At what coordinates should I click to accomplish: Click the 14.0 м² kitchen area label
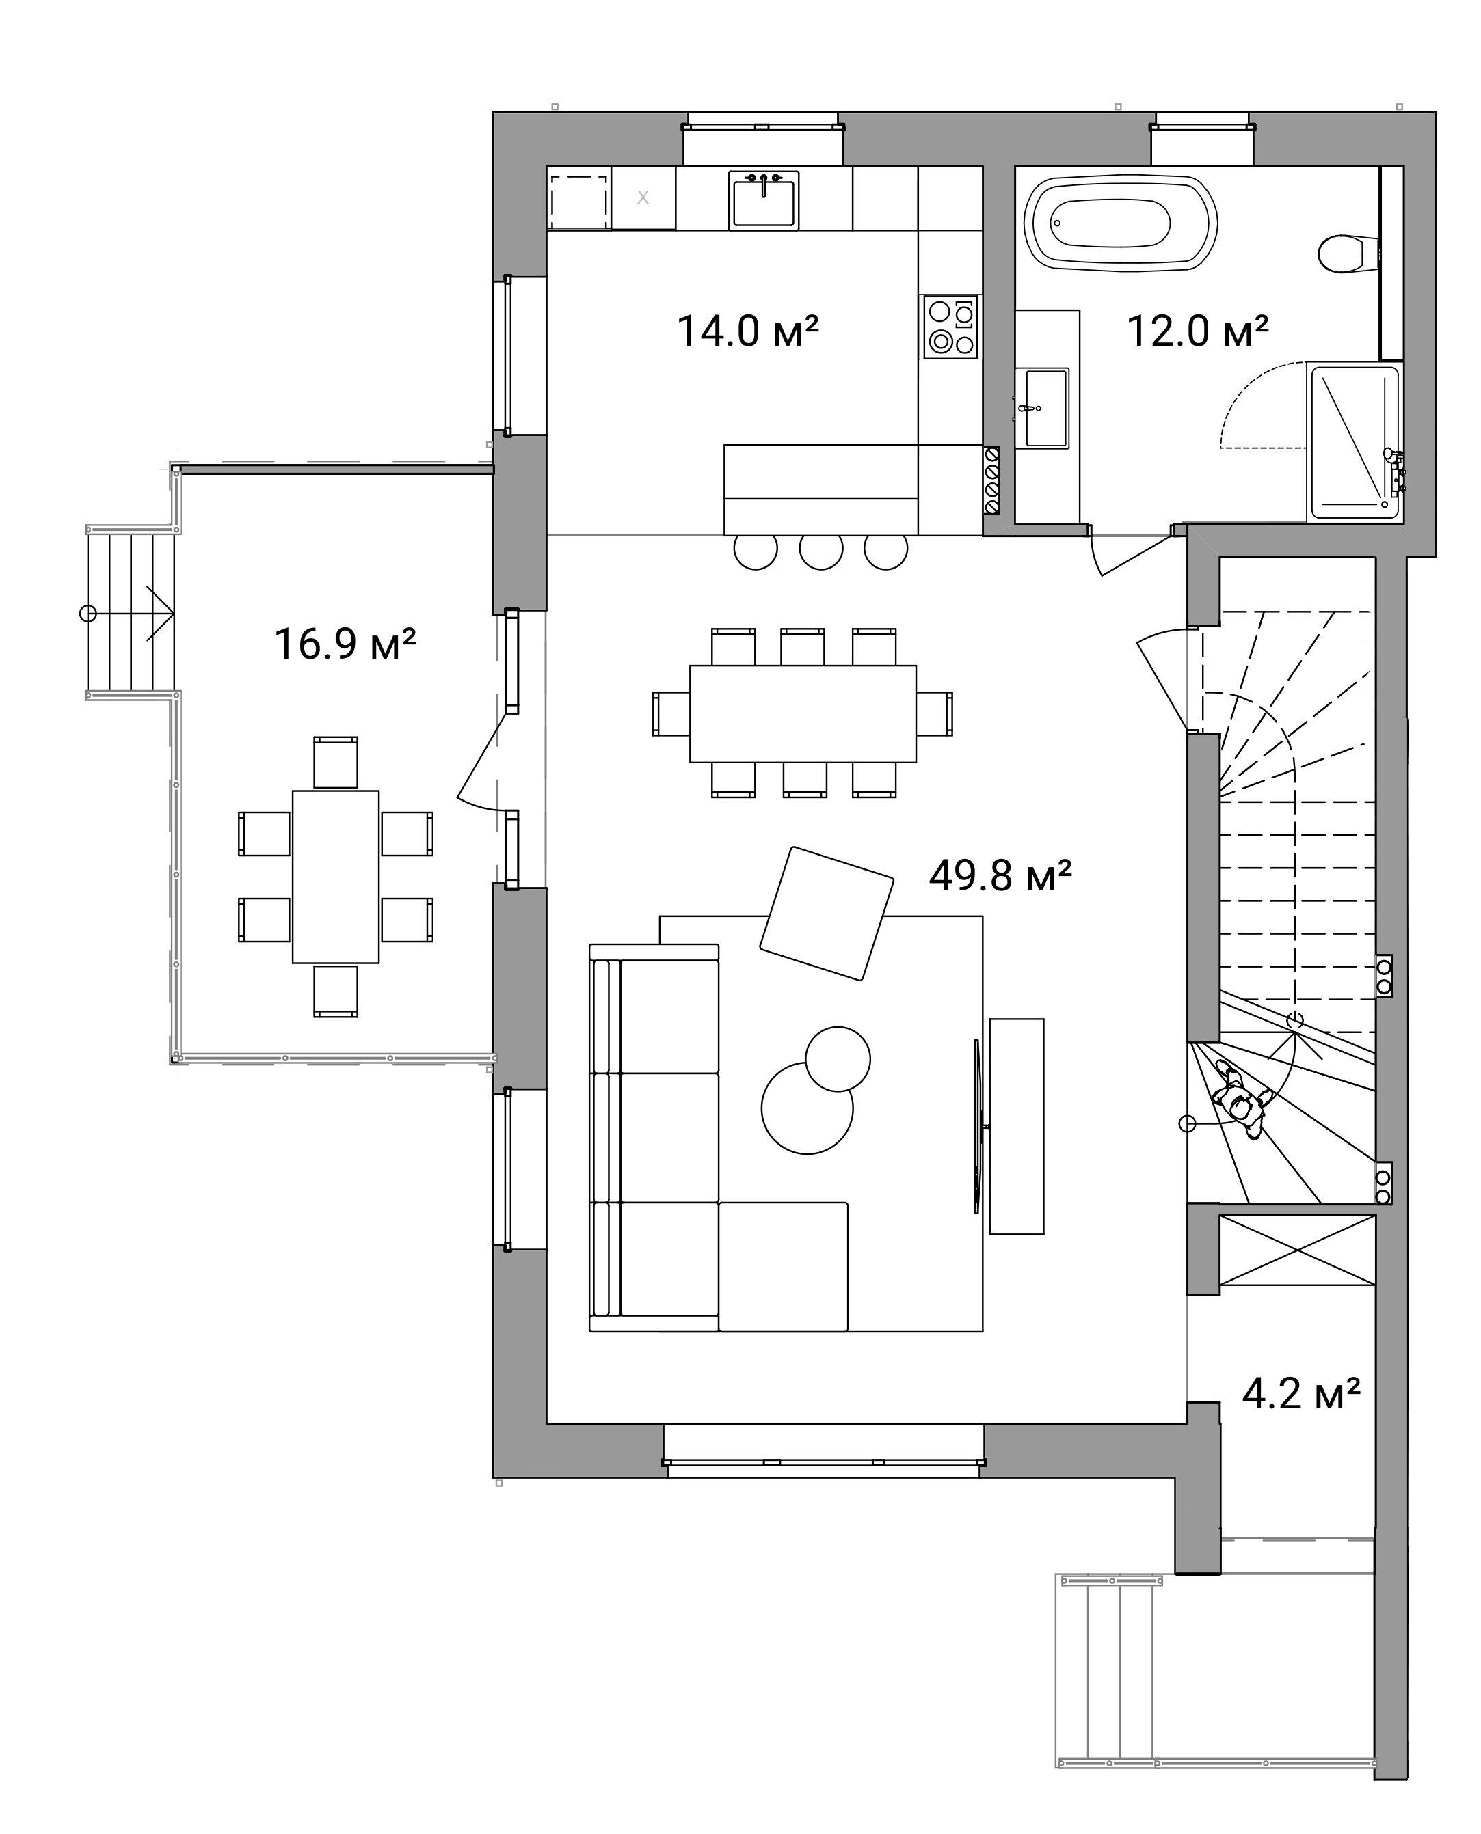pos(747,331)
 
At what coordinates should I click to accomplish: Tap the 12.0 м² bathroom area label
pos(1198,331)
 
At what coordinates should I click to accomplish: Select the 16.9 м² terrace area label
pos(345,644)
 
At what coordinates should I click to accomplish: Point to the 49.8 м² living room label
pos(1000,875)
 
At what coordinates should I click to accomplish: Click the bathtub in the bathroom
pos(1120,223)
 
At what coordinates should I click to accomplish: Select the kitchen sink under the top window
pos(764,200)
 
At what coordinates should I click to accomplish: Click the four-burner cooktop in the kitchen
pos(950,327)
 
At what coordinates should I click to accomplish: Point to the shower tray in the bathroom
pos(1354,443)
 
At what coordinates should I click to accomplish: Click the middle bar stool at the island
pos(820,551)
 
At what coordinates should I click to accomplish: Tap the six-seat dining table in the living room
pos(803,713)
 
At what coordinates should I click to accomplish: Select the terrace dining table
pos(335,877)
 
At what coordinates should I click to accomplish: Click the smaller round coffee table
pos(838,1059)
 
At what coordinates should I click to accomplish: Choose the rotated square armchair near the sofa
pos(827,913)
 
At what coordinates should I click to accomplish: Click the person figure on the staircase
pos(1241,1100)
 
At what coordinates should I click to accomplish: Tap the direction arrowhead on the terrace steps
pos(162,613)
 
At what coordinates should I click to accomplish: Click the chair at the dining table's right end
pos(935,713)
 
